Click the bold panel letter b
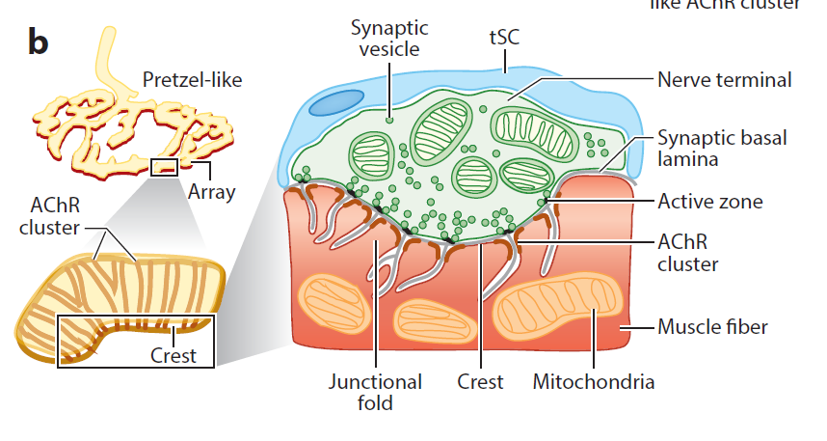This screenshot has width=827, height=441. [39, 42]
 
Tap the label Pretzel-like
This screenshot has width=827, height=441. [192, 79]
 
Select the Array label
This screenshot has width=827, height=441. [212, 191]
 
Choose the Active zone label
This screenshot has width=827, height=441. [710, 202]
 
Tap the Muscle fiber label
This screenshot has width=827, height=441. [712, 326]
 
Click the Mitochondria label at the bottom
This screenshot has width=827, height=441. [594, 381]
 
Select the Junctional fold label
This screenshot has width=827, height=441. [375, 391]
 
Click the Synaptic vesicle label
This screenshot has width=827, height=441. [389, 39]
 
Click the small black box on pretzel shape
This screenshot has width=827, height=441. [165, 169]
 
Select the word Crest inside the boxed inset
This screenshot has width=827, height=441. [173, 355]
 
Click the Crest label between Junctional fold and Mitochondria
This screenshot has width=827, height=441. [480, 381]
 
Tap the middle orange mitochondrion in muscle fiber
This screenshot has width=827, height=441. [435, 320]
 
